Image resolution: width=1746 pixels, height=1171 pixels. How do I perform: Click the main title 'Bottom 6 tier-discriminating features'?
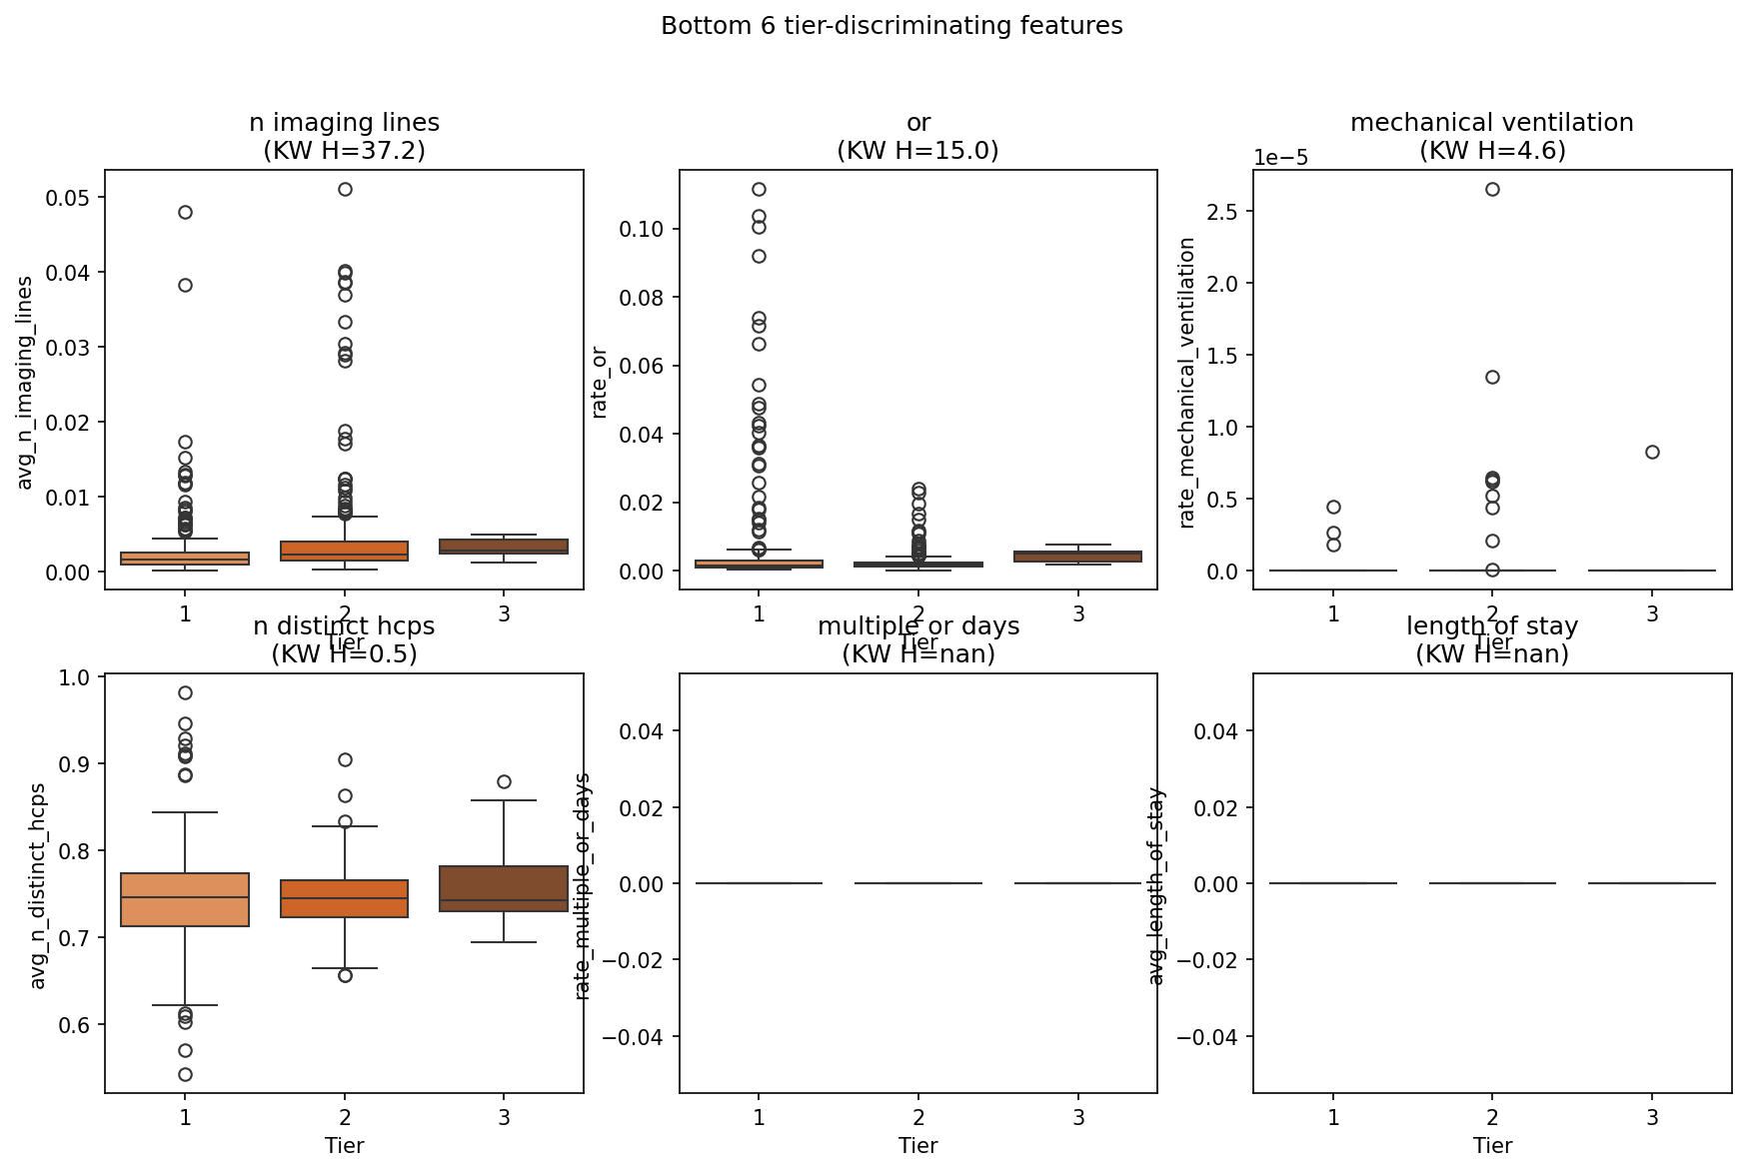click(x=891, y=26)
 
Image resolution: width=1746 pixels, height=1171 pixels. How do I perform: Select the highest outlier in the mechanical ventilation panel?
click(x=1492, y=189)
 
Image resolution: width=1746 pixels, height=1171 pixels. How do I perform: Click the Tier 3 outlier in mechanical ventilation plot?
click(x=1652, y=452)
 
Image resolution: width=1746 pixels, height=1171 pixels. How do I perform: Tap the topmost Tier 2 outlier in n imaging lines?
click(x=345, y=189)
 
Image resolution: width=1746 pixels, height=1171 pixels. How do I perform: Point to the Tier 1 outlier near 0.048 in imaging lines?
click(x=185, y=212)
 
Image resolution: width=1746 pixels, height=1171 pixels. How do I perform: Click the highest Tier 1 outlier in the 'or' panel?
click(x=759, y=189)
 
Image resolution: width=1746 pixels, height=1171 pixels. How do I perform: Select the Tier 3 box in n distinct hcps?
click(x=504, y=888)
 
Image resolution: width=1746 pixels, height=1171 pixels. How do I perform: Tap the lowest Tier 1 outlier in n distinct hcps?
click(x=185, y=1074)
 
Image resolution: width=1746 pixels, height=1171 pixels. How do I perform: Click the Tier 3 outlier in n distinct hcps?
click(x=504, y=781)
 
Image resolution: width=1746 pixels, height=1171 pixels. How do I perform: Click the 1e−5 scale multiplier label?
click(x=1280, y=158)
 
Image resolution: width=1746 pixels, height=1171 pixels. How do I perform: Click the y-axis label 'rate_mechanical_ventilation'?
click(x=1187, y=382)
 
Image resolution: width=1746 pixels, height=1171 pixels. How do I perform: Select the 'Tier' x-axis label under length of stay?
click(x=1492, y=1145)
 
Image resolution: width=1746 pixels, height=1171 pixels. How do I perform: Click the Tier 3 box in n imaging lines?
click(x=504, y=547)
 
